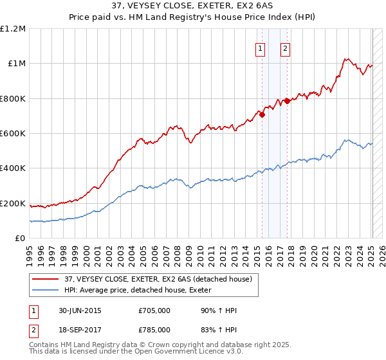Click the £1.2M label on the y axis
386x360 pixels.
[x=13, y=29]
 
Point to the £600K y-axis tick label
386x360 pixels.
[x=13, y=134]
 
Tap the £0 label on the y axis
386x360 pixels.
[x=20, y=239]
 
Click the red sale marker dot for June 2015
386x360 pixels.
[x=262, y=115]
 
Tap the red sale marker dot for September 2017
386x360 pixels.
[x=287, y=101]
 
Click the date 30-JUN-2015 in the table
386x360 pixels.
[x=78, y=310]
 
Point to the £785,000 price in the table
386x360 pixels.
[x=154, y=329]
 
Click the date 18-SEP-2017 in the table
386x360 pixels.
[x=78, y=329]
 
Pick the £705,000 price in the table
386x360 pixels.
[x=154, y=310]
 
